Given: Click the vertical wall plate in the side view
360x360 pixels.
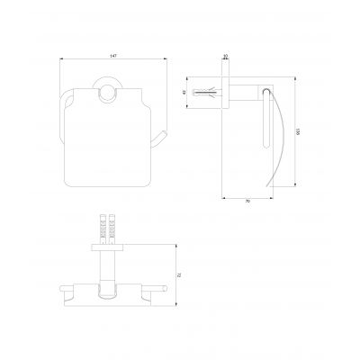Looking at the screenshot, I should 224,92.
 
